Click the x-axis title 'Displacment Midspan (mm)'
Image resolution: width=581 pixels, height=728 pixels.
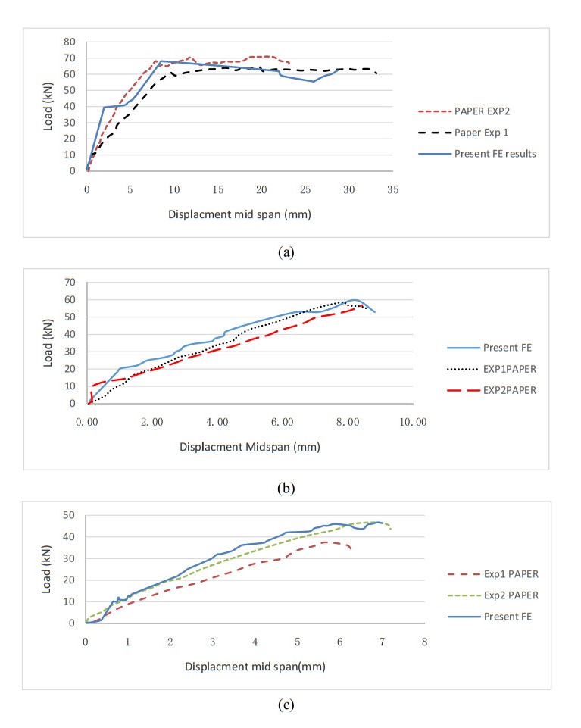tap(251, 447)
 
